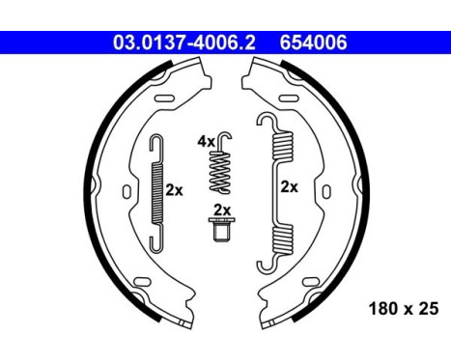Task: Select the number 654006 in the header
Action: [313, 43]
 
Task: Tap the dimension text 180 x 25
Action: [403, 311]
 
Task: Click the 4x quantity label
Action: [206, 141]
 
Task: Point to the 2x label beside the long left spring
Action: [174, 190]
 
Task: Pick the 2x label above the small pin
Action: [221, 210]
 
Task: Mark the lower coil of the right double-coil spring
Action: [281, 235]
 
